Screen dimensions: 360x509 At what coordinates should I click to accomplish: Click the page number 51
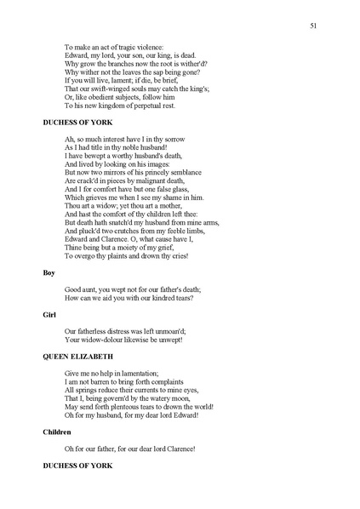coord(316,27)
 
